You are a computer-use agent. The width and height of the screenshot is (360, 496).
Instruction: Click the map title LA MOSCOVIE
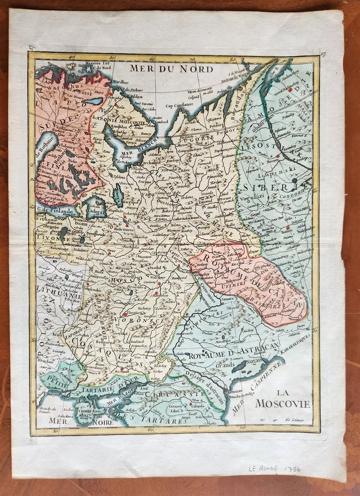283,399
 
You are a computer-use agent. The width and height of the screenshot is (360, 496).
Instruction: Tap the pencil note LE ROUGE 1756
274,469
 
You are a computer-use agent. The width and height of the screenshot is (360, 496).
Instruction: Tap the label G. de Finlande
55,210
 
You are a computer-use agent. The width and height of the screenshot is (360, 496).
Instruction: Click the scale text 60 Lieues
295,421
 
